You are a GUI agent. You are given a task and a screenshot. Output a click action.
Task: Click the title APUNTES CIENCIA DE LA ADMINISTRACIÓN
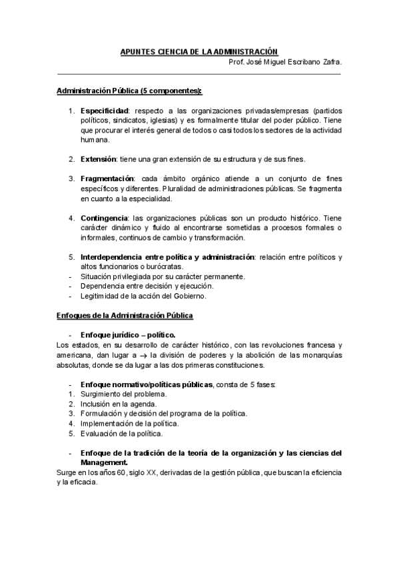pos(199,51)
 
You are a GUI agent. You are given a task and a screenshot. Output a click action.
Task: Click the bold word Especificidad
pos(105,110)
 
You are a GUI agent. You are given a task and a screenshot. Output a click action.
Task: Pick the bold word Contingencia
pos(104,218)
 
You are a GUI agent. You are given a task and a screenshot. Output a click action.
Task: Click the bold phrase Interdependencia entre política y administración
pos(167,257)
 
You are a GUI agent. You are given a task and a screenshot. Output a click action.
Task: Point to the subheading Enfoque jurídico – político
pos(127,334)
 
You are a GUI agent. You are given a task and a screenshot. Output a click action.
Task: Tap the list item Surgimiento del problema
pos(123,394)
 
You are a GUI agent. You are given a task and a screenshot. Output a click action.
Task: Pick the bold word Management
pos(103,462)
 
